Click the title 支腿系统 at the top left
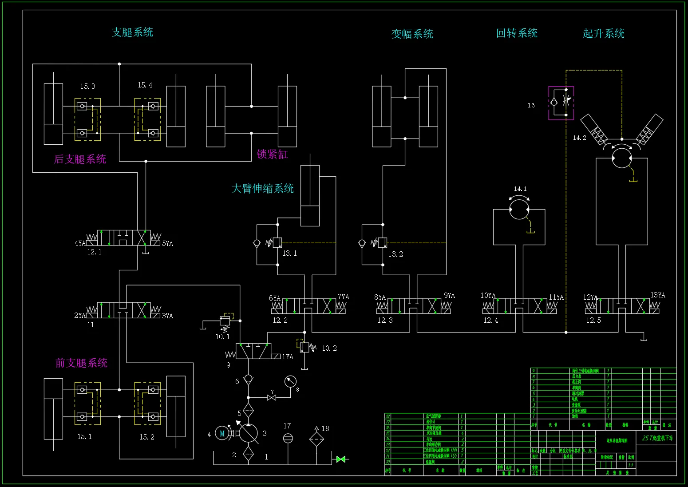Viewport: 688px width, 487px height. [132, 32]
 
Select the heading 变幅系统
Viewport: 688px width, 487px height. [412, 34]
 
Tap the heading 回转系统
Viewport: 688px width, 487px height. [517, 33]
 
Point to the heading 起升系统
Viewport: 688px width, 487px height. [603, 34]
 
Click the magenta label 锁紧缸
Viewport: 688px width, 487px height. [272, 154]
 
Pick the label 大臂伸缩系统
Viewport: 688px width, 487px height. [262, 188]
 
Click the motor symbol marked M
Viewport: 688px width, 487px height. [222, 433]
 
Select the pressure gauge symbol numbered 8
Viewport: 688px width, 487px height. [290, 381]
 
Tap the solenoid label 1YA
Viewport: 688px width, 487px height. [288, 356]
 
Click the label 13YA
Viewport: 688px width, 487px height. [658, 295]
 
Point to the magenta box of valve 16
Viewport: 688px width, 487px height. [561, 103]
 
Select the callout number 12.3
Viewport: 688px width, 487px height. [385, 320]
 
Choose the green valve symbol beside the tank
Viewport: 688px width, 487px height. [341, 459]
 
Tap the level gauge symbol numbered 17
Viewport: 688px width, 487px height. [288, 438]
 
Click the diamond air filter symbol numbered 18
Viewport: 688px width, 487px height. [316, 438]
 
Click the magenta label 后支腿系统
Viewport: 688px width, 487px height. [80, 159]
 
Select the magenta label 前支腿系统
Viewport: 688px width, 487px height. [81, 363]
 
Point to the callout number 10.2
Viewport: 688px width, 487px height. [329, 348]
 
